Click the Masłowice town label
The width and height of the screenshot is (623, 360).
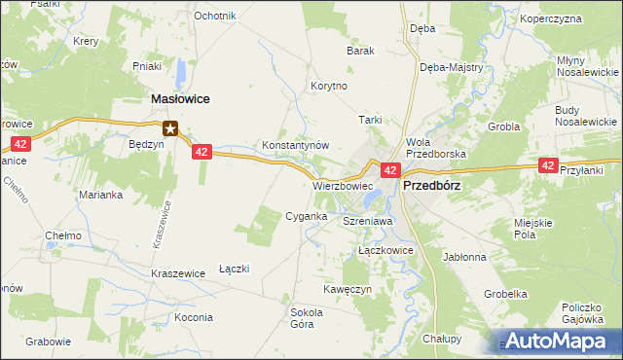[x=182, y=99]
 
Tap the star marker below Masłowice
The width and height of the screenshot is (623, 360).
[x=170, y=126]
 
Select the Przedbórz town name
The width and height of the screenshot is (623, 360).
[x=431, y=184]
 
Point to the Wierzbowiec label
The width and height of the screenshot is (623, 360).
[x=343, y=184]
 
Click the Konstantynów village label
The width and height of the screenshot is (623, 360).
[x=296, y=145]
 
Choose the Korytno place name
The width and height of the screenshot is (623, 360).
[x=328, y=86]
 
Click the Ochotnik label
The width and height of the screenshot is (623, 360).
[x=215, y=16]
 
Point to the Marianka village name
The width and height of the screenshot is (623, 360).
[x=99, y=194]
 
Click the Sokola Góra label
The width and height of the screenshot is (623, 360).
[x=307, y=318]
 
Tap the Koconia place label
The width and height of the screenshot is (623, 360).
[x=194, y=317]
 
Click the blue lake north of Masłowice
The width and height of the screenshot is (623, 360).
[x=182, y=73]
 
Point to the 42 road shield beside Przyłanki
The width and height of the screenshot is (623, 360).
[x=548, y=166]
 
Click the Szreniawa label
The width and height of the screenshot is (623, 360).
[x=367, y=222]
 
